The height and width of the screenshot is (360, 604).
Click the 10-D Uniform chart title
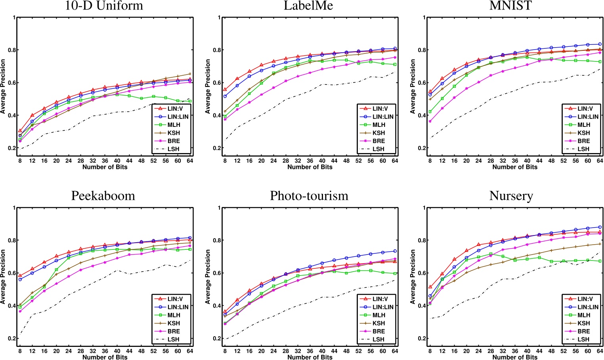[x=104, y=6]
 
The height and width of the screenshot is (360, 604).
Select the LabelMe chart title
[x=309, y=6]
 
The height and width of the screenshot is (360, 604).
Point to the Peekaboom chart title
[x=103, y=196]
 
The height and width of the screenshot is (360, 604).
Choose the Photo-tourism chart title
[x=309, y=196]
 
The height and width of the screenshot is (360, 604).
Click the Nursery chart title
[x=511, y=196]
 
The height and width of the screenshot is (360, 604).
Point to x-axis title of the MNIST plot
[x=514, y=167]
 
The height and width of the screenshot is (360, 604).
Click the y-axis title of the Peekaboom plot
[x=3, y=277]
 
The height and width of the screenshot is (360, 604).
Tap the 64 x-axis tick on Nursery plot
[x=600, y=351]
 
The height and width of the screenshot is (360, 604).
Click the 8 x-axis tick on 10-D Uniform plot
[x=20, y=161]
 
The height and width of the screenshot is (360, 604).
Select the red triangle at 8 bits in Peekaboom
[x=20, y=276]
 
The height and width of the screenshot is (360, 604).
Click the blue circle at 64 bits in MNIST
[x=600, y=44]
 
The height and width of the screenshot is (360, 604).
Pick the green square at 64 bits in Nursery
[x=600, y=261]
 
